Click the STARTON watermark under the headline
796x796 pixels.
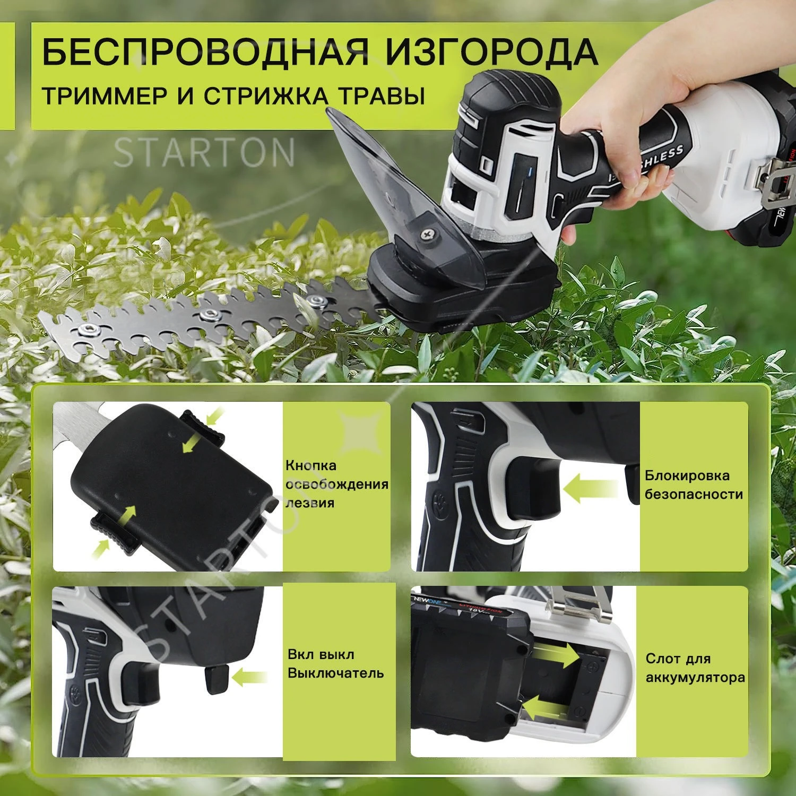[x=204, y=152]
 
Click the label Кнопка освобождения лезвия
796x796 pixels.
[x=337, y=484]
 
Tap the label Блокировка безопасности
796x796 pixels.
[x=693, y=484]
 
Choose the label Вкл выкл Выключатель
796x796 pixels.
[x=335, y=663]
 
